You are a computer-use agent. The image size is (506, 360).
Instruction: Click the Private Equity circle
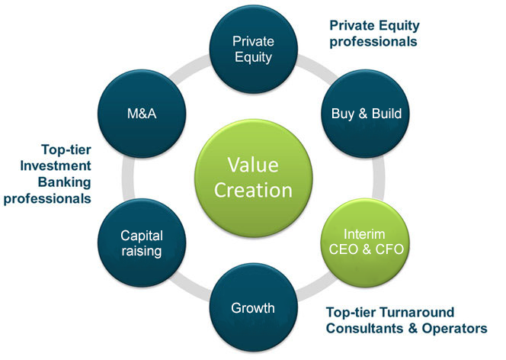tap(253, 50)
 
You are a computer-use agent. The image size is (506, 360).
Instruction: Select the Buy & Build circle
tap(365, 114)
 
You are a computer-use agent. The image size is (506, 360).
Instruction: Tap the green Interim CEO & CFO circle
tap(365, 243)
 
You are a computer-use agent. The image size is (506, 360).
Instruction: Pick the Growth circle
tap(253, 307)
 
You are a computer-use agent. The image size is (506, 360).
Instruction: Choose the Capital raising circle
tap(142, 243)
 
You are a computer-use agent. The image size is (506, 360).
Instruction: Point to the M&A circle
tap(142, 114)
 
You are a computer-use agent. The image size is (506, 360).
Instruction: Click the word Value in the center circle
tap(253, 165)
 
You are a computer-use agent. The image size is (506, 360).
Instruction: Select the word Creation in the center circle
tap(253, 190)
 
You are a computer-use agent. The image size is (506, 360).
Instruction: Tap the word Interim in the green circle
tap(364, 234)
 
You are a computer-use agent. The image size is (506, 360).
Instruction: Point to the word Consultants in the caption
tap(365, 329)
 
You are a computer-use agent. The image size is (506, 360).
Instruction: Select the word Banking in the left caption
tap(65, 182)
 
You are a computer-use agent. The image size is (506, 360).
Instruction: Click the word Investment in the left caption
tap(56, 166)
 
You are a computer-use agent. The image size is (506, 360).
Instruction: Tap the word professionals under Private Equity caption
tap(373, 42)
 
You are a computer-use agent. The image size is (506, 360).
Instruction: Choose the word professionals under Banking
tap(47, 198)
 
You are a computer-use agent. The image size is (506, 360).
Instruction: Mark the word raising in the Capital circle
tap(142, 251)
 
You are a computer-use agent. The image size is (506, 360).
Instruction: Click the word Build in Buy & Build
tap(386, 114)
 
